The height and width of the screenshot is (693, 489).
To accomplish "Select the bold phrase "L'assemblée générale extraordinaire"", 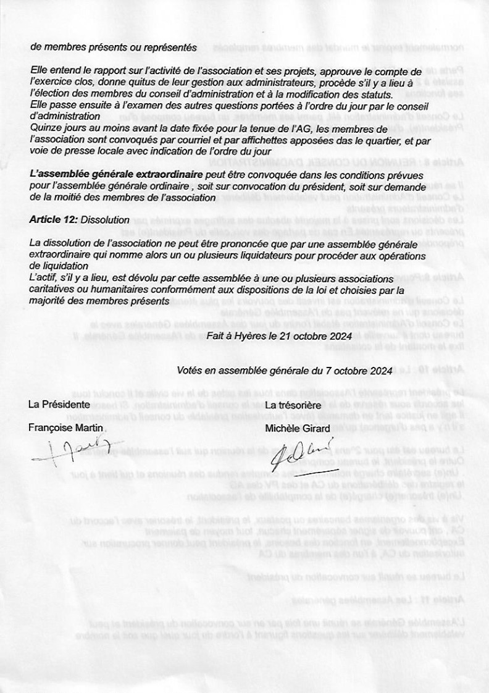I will click(116, 176).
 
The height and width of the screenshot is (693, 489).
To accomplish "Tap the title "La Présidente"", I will click(59, 405).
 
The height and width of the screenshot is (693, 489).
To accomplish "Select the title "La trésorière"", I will click(292, 405).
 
